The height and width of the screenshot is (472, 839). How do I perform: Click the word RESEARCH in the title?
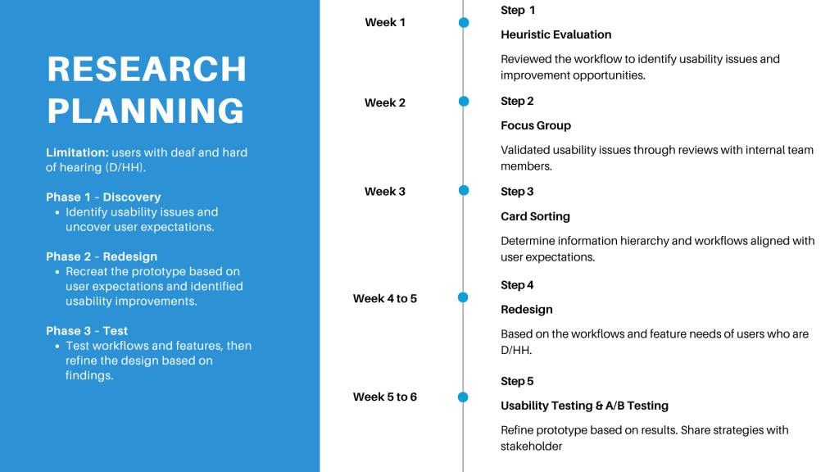click(147, 69)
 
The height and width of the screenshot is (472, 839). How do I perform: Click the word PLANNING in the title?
click(146, 111)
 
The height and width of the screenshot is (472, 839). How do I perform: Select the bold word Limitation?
click(77, 152)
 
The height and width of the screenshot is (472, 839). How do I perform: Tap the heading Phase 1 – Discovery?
click(103, 197)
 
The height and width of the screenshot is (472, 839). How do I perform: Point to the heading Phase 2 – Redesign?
click(102, 256)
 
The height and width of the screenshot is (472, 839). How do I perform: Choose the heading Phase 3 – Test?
click(87, 331)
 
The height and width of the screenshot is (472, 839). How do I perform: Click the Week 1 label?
click(385, 22)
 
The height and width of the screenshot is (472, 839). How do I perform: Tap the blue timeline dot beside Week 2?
click(464, 101)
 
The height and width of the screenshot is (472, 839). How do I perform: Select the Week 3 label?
click(385, 192)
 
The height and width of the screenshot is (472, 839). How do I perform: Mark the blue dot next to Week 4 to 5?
click(464, 297)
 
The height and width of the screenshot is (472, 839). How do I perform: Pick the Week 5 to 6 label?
click(385, 397)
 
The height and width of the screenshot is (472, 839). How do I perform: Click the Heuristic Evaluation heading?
click(556, 34)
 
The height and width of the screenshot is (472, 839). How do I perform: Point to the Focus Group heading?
click(536, 125)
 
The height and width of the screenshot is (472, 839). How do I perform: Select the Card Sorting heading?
click(535, 216)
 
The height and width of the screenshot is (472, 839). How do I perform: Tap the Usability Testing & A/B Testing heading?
click(584, 406)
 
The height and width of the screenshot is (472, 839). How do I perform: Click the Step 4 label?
click(517, 285)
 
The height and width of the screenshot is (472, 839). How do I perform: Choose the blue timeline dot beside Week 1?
click(464, 22)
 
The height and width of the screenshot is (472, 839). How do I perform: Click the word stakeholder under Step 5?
click(531, 447)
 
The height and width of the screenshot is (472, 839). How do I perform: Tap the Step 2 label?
click(517, 101)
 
